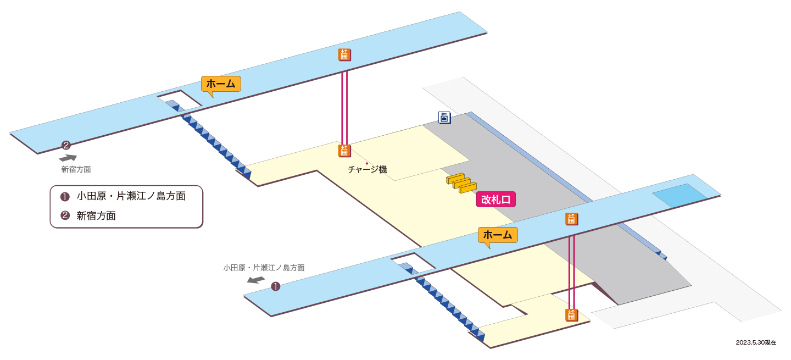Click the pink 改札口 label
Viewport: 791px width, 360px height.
[496, 200]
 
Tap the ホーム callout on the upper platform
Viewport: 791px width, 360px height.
[221, 84]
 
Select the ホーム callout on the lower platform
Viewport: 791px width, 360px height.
[498, 235]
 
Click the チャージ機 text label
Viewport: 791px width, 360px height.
[367, 170]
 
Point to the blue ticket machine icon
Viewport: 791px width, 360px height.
[444, 117]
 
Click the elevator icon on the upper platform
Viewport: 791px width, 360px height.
[344, 55]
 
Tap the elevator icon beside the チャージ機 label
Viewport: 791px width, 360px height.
[344, 151]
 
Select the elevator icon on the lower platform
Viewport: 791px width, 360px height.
[571, 219]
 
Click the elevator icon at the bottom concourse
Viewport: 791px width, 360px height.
[571, 315]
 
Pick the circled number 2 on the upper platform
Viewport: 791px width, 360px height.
[66, 145]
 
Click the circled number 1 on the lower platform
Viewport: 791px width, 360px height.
[275, 286]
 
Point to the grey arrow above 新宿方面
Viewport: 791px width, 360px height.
[68, 158]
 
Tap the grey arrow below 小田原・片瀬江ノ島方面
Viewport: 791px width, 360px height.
[256, 280]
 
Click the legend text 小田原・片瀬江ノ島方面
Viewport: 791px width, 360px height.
[131, 196]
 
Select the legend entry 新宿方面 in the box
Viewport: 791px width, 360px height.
[96, 216]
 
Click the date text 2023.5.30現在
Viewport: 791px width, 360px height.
[756, 342]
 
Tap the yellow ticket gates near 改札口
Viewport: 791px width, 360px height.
[461, 183]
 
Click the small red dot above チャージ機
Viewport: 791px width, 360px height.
[367, 163]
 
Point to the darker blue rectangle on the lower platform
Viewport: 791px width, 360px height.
[679, 196]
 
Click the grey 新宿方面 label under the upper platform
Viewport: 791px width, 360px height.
[76, 170]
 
